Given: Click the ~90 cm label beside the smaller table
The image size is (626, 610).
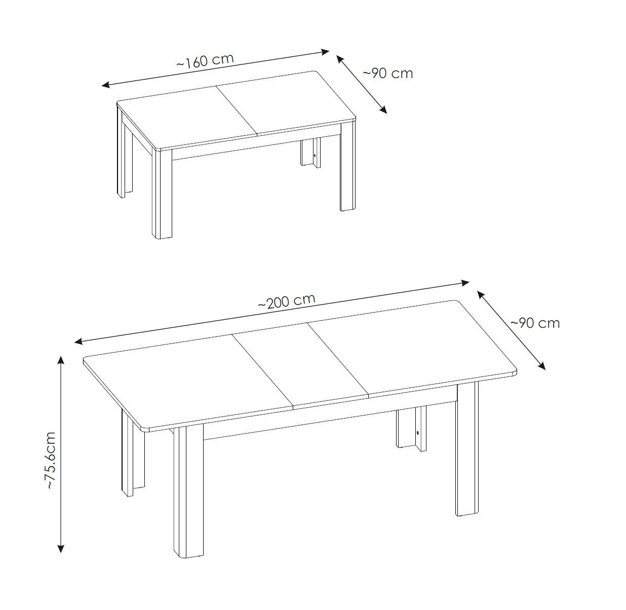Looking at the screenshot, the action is [387, 73].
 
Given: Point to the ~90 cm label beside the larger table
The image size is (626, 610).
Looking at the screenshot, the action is [535, 323].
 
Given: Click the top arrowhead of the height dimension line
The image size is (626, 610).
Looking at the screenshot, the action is [61, 360].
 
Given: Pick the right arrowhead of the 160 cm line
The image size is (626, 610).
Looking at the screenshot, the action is [325, 51].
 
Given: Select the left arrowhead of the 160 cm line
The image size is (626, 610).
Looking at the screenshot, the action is [106, 85].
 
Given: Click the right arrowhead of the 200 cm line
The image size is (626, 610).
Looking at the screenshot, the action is [465, 283].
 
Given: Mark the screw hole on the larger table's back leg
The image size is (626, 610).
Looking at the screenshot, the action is [417, 433].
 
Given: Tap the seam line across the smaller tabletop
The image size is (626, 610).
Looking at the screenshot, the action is [237, 110].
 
